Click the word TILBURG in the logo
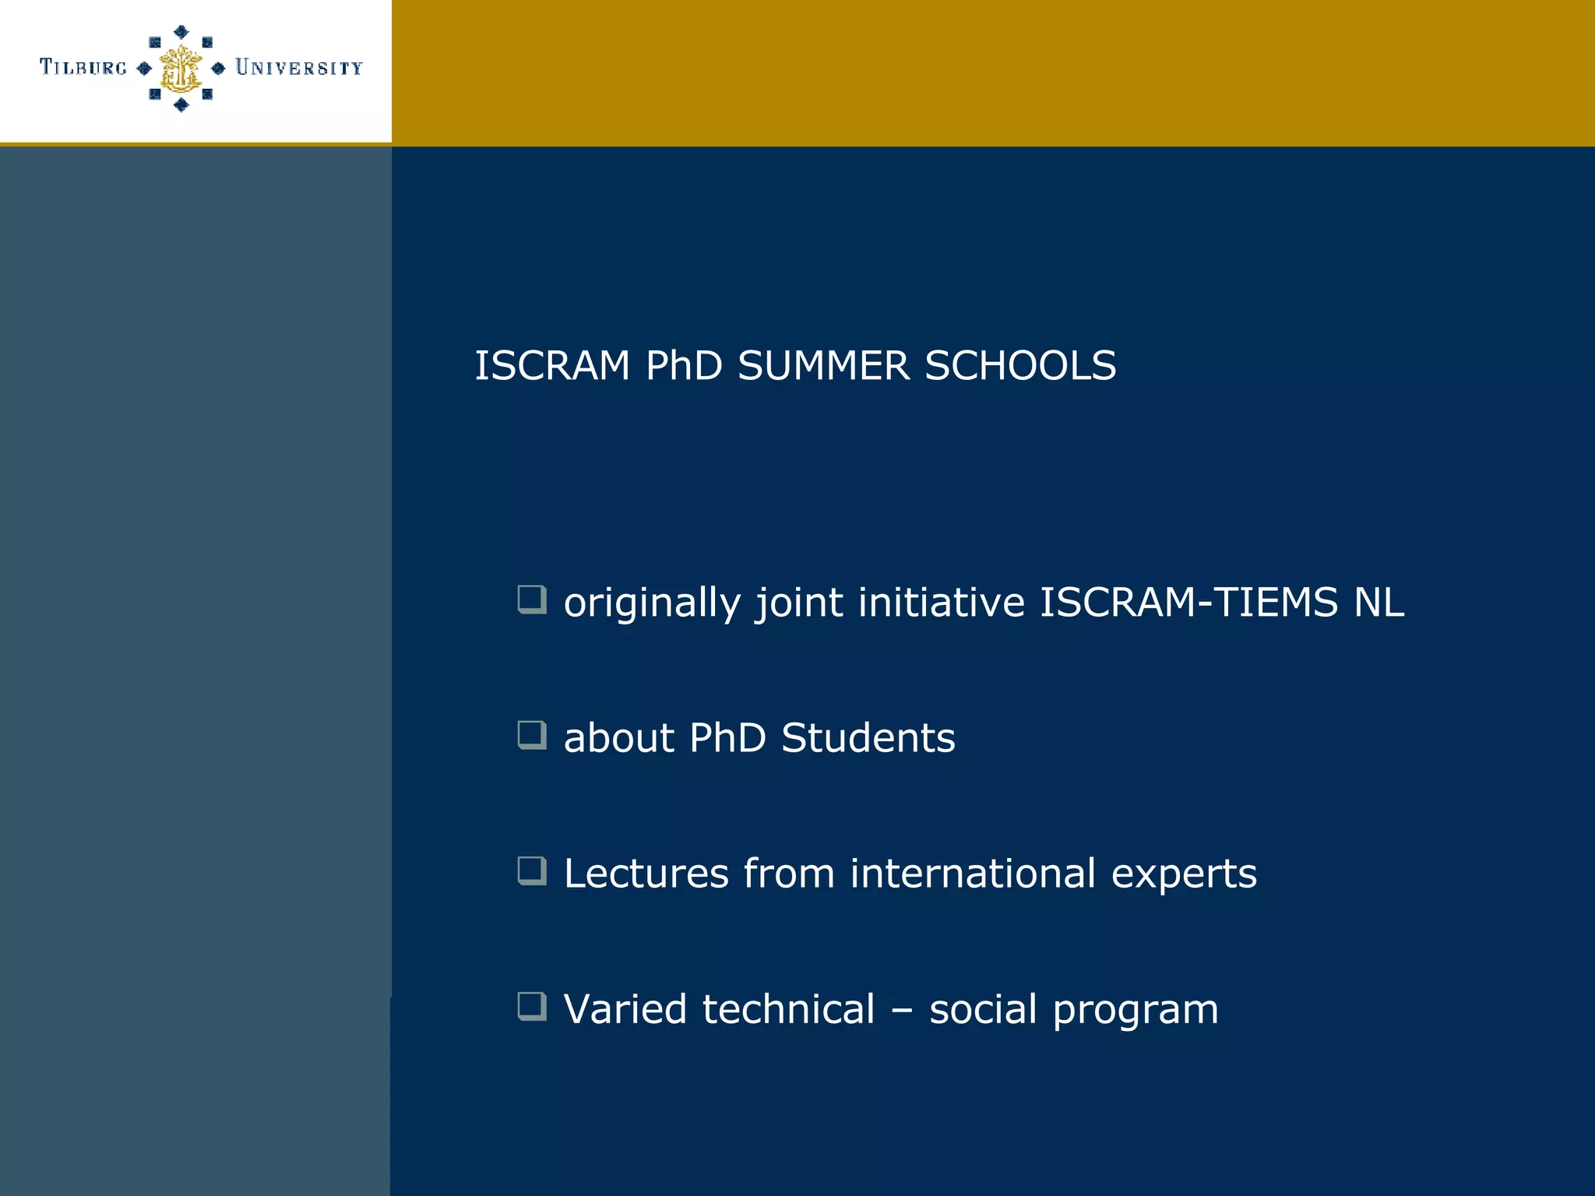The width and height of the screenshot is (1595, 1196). pyautogui.click(x=83, y=68)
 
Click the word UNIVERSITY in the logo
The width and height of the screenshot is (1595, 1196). pyautogui.click(x=299, y=68)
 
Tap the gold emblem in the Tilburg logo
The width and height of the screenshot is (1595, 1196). pyautogui.click(x=181, y=69)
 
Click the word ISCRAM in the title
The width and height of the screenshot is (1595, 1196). pyautogui.click(x=551, y=366)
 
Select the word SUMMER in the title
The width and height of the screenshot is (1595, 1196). pyautogui.click(x=823, y=366)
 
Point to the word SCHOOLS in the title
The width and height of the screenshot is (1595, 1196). pyautogui.click(x=1020, y=366)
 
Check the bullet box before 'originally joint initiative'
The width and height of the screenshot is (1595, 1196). pyautogui.click(x=531, y=600)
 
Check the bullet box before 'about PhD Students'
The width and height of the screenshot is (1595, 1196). pyautogui.click(x=531, y=735)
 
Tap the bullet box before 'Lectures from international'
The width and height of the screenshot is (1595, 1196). pyautogui.click(x=531, y=871)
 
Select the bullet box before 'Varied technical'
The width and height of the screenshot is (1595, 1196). pyautogui.click(x=531, y=1006)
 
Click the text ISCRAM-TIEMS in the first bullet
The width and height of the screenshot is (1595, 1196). pyautogui.click(x=1188, y=603)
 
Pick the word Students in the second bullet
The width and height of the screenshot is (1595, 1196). pyautogui.click(x=868, y=738)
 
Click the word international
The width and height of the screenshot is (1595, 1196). pyautogui.click(x=973, y=874)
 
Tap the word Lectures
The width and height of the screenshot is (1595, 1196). pyautogui.click(x=646, y=874)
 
